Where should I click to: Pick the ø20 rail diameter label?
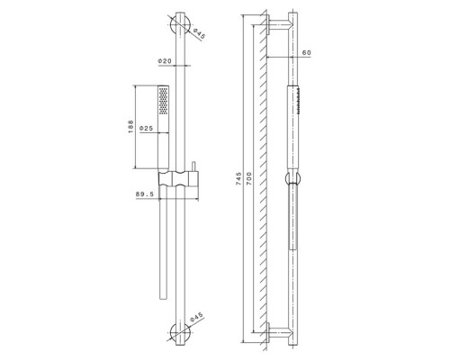coord(165,61)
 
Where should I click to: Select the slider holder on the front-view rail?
coord(179,175)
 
